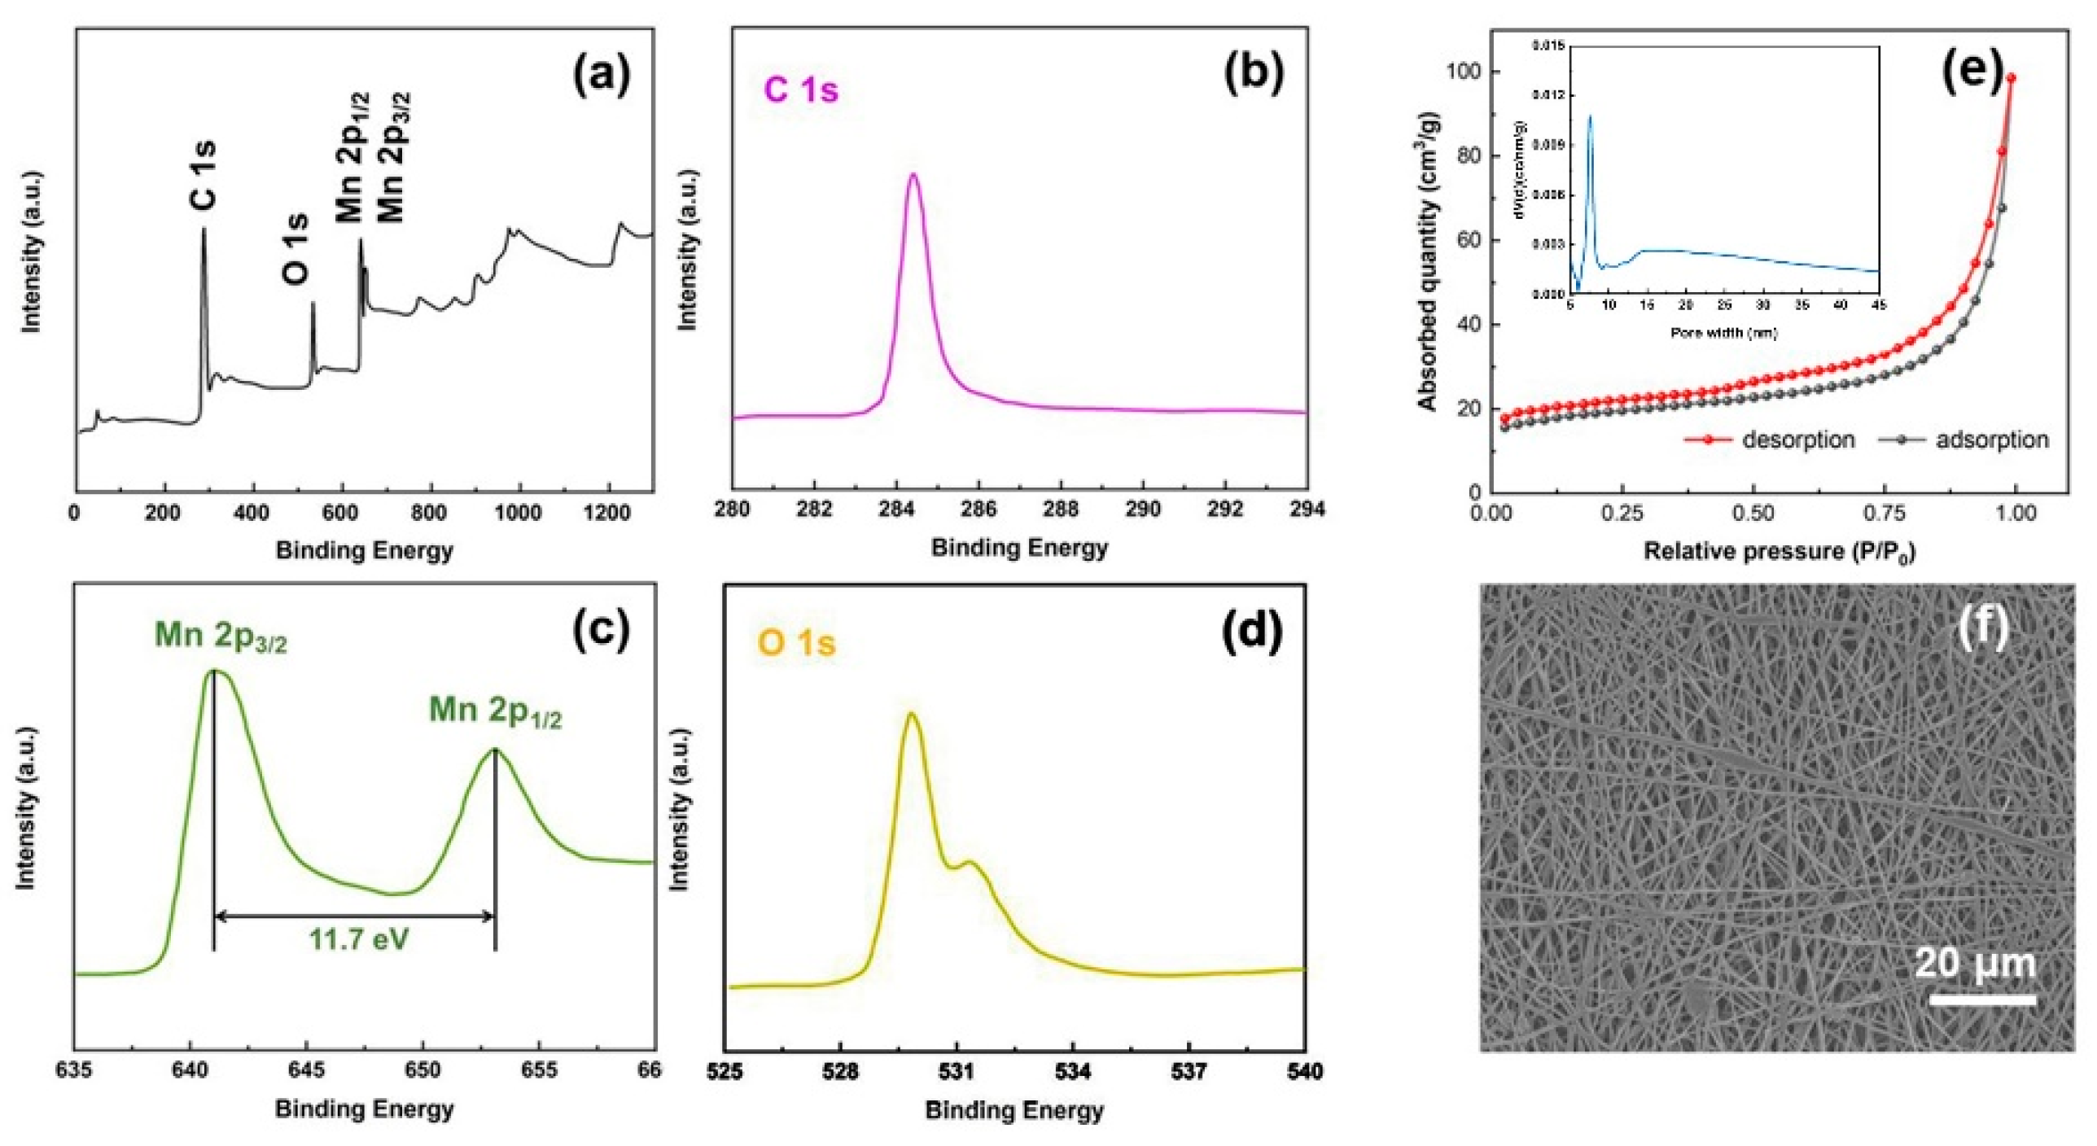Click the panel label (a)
click(602, 77)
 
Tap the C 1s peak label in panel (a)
click(204, 174)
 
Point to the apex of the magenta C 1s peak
click(913, 174)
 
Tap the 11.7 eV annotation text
click(358, 940)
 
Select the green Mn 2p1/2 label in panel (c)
click(495, 711)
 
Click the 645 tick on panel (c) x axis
click(307, 1070)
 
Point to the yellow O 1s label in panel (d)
click(796, 644)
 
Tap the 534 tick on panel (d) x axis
click(1073, 1072)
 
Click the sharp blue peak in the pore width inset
click(1589, 117)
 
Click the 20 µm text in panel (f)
click(1975, 964)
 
